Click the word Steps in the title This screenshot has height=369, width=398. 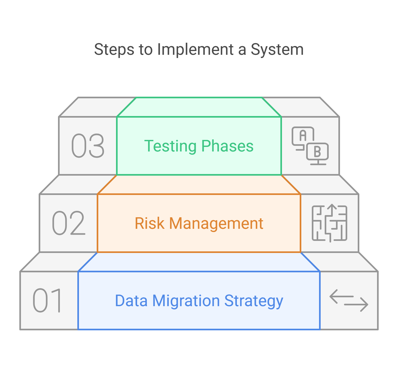click(x=114, y=50)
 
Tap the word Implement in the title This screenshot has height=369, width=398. click(x=195, y=50)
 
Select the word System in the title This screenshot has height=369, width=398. click(x=277, y=50)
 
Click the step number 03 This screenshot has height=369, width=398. click(x=88, y=146)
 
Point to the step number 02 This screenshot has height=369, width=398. click(x=68, y=223)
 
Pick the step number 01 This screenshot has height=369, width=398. click(x=48, y=301)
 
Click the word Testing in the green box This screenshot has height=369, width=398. click(x=170, y=146)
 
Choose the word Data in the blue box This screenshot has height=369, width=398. click(x=131, y=301)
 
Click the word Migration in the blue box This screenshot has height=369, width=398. click(x=186, y=301)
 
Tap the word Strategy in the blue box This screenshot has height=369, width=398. click(x=254, y=301)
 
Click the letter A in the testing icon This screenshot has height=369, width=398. click(x=303, y=136)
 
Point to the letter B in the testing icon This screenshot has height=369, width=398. click(x=317, y=152)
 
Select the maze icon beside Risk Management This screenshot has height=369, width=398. click(x=330, y=223)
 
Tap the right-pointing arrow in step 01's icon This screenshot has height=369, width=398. click(x=357, y=305)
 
